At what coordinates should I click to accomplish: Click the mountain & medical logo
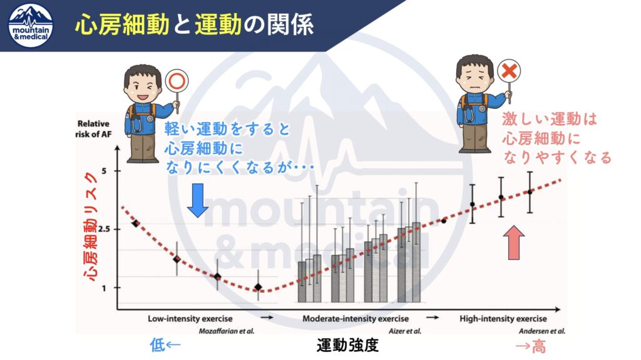tap(31, 26)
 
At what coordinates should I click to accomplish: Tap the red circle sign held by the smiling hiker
tap(177, 81)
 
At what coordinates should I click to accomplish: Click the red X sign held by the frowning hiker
tap(508, 71)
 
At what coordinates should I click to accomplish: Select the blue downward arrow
tap(197, 200)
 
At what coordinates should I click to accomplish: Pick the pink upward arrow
tap(513, 242)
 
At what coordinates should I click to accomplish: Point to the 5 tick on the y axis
tap(104, 170)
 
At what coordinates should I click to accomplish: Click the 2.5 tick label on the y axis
tap(105, 229)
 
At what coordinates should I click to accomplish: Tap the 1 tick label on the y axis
tap(104, 288)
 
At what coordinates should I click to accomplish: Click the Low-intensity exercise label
tap(190, 319)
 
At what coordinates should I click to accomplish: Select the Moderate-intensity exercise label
tap(356, 319)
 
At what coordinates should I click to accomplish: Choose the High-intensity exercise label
tap(503, 319)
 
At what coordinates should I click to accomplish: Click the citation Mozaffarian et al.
tap(227, 331)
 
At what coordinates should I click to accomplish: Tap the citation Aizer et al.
tap(405, 331)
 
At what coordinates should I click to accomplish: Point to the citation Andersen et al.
tap(542, 331)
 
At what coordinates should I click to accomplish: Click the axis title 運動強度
tap(347, 345)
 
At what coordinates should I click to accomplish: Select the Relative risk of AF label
tap(93, 128)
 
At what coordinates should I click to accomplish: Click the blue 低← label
tap(165, 345)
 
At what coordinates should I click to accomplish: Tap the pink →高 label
tap(531, 346)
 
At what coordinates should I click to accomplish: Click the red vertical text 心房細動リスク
tap(91, 227)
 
